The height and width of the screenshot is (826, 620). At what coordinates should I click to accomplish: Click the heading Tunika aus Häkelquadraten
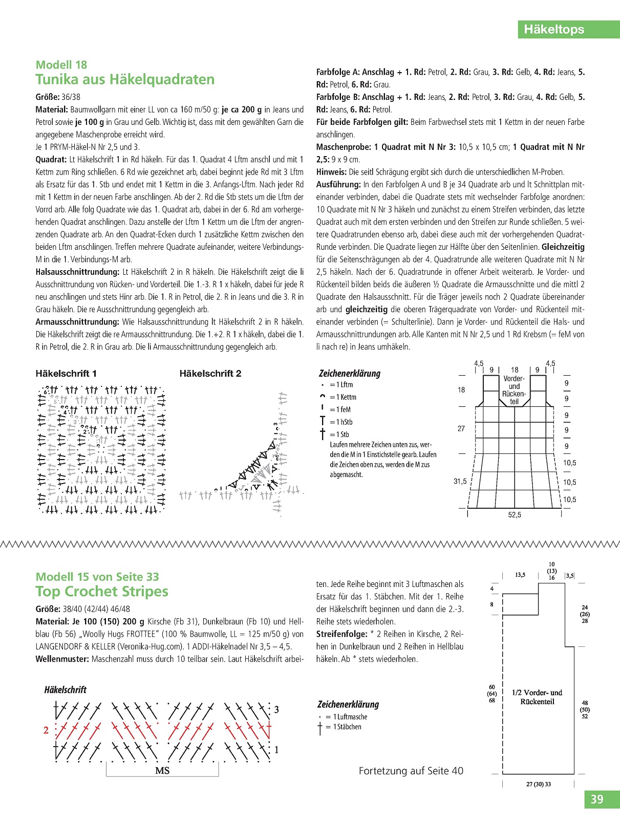125,80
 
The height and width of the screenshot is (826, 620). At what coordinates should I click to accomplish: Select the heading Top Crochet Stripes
102,592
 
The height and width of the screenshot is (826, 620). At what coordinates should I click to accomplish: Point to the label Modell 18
61,65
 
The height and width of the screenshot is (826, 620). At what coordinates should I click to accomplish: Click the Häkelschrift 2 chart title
210,374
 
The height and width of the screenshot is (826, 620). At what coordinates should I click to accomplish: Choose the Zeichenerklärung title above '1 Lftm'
350,374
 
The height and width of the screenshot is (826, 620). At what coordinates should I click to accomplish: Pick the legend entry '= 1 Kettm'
343,397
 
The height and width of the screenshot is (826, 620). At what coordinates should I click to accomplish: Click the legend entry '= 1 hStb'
341,422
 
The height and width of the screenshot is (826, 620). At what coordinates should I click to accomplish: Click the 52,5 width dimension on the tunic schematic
515,515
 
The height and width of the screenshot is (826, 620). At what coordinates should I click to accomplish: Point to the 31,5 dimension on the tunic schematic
460,482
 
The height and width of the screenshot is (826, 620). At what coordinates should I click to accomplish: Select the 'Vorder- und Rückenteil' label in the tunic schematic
514,390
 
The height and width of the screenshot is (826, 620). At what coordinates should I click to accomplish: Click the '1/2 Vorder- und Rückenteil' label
537,697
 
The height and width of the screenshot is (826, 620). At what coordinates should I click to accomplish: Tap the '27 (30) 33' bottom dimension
539,784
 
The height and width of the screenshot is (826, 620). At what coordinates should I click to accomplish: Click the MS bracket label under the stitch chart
162,771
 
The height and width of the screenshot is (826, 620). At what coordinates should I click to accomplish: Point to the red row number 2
46,730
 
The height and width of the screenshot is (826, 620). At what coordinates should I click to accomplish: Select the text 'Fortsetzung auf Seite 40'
411,771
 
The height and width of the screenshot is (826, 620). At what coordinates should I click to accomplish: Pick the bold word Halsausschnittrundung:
78,272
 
